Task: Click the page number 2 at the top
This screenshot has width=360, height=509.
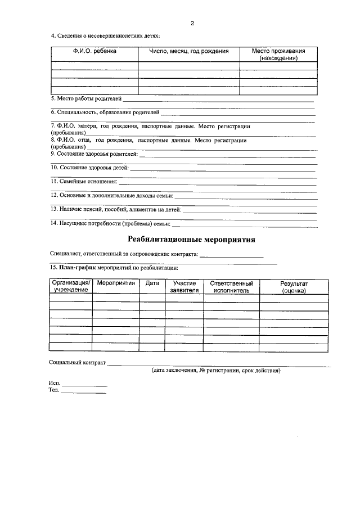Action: click(192, 23)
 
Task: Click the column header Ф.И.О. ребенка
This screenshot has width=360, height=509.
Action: click(94, 51)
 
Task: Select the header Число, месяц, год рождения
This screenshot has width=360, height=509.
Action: click(188, 51)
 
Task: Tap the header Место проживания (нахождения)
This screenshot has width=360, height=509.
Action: click(278, 55)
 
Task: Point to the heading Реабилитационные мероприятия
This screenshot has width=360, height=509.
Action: click(192, 240)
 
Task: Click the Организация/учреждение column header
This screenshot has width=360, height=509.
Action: click(71, 286)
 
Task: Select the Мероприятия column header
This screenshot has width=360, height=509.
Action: click(115, 283)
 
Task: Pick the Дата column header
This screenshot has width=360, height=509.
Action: click(152, 283)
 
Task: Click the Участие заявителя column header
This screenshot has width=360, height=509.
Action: click(184, 287)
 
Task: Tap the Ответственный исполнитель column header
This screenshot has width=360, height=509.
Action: click(231, 287)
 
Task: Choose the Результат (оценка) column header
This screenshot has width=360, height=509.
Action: click(294, 287)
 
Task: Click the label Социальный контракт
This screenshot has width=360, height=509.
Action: click(78, 363)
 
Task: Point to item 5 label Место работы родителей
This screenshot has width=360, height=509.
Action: click(86, 99)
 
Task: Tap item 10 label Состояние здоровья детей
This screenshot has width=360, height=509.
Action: click(90, 168)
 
